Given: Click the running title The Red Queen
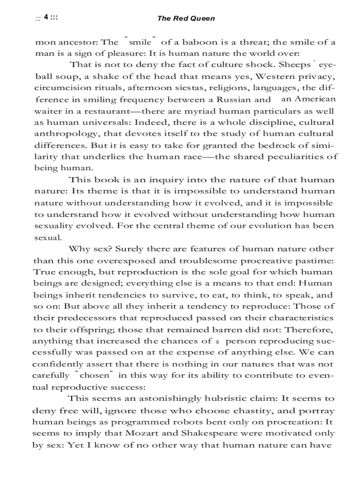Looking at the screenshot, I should pyautogui.click(x=186, y=19).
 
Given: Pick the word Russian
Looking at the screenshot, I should pyautogui.click(x=240, y=99).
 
